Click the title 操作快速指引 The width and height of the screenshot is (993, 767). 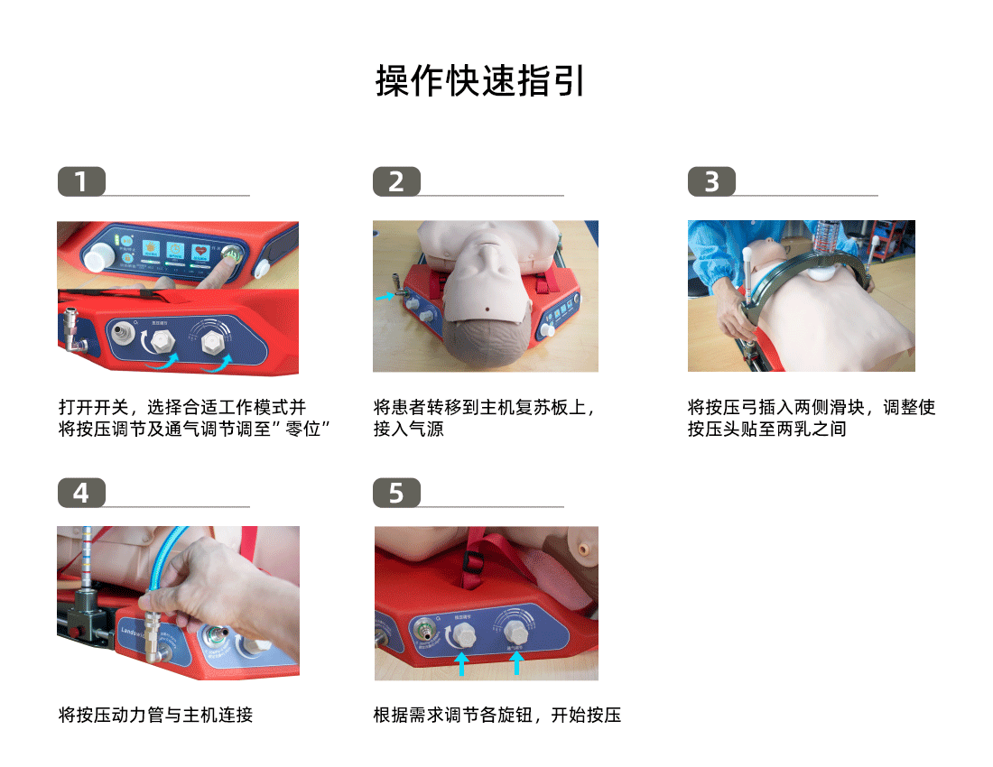point(480,81)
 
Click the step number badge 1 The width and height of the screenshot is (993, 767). point(81,182)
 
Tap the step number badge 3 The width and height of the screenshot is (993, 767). point(711,182)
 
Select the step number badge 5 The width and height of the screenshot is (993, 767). point(396,494)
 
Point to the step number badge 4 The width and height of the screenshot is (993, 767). point(81,494)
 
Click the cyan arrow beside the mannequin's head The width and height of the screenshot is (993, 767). point(385,295)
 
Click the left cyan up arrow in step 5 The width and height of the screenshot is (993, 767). point(460,664)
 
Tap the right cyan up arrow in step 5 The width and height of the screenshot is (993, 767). point(517,664)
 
